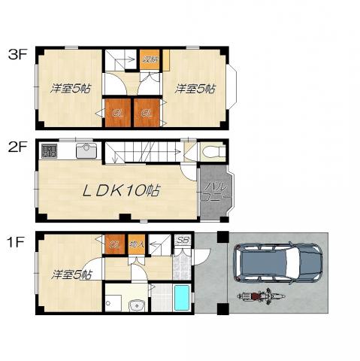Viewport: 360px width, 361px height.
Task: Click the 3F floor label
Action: click(17, 54)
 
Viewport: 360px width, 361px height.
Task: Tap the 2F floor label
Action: click(17, 146)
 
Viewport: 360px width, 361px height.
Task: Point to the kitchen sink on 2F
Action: click(86, 150)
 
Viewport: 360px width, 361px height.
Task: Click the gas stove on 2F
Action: click(49, 150)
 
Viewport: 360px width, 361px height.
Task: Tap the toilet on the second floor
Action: click(213, 152)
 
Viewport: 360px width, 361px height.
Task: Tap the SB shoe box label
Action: click(182, 241)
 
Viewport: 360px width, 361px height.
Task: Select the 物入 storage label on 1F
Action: click(137, 243)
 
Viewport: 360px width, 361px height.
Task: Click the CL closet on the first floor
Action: click(115, 243)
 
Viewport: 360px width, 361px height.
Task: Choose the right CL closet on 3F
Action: click(147, 114)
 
